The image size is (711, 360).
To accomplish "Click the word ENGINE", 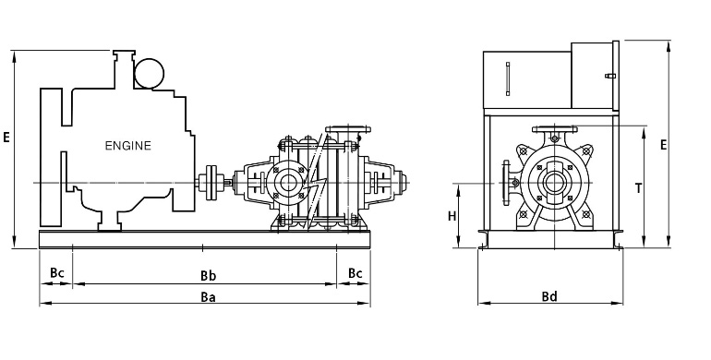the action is coord(127,146).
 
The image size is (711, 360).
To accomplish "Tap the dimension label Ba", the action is coord(208,297).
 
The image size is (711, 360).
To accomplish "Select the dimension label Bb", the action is coord(208,276).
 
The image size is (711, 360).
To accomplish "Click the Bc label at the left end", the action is coord(57,273).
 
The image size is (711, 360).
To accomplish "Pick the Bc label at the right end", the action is coord(355,273).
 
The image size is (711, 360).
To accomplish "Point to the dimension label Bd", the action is coord(549,296).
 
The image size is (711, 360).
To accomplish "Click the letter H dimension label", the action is coord(452,216).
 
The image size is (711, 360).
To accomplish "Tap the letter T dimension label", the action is coord(638,188).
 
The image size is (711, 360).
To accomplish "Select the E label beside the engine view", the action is coord(6,137).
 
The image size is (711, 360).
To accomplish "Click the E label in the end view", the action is coord(663,145).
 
